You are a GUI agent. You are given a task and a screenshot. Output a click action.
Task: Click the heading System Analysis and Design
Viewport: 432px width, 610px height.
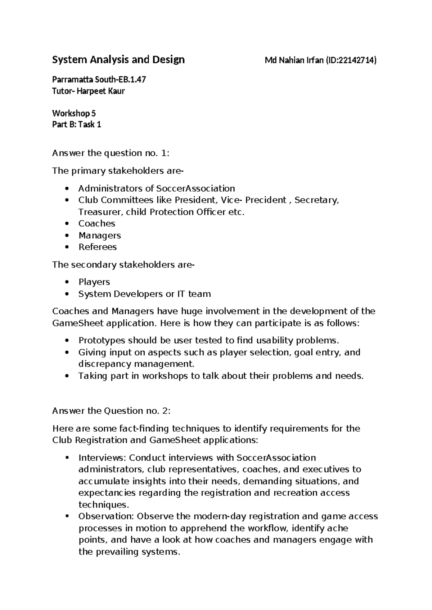click(118, 59)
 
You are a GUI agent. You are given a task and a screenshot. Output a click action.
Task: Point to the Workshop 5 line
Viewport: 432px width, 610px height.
click(74, 113)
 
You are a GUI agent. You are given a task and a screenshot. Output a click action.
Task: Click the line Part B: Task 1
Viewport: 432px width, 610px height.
click(76, 124)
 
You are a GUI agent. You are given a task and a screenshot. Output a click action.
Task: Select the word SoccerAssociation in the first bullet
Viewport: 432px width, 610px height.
click(195, 188)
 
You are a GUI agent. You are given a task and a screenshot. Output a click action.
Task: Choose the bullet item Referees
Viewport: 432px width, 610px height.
click(98, 247)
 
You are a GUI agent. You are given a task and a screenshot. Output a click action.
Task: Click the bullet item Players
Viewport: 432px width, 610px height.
click(94, 282)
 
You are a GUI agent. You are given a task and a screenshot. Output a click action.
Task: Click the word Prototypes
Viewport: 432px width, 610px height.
click(102, 340)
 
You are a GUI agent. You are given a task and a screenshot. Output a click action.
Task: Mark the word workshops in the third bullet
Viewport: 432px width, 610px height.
click(165, 376)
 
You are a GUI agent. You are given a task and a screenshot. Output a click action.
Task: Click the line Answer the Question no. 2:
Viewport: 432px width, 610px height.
click(111, 411)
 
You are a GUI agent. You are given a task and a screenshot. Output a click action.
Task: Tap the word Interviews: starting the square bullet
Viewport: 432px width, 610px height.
click(102, 458)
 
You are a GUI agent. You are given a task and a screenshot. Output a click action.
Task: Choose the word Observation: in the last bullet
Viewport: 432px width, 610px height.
click(106, 516)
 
